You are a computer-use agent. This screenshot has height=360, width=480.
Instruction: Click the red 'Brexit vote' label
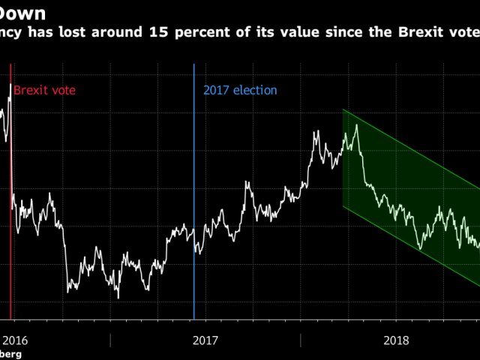[x=44, y=90]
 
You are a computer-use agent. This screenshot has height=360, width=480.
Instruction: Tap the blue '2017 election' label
[x=240, y=90]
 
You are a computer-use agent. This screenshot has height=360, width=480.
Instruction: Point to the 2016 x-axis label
[x=15, y=340]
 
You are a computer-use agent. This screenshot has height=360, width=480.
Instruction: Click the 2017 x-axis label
[x=205, y=340]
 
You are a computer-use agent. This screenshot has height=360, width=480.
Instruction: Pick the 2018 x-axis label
[x=397, y=340]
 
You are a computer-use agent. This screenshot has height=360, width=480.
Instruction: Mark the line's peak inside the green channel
[x=356, y=124]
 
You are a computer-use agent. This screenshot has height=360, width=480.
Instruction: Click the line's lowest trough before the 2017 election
[x=118, y=297]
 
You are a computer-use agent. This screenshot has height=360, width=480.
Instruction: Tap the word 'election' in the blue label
[x=255, y=90]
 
